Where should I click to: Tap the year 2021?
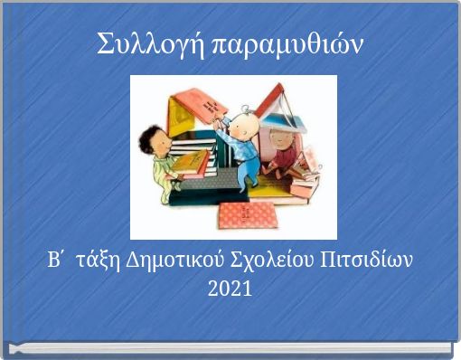[230, 289]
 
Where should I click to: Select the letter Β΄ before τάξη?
[57, 261]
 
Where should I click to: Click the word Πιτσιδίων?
[368, 261]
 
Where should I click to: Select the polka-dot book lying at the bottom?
[249, 214]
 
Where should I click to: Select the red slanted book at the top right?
[270, 99]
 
